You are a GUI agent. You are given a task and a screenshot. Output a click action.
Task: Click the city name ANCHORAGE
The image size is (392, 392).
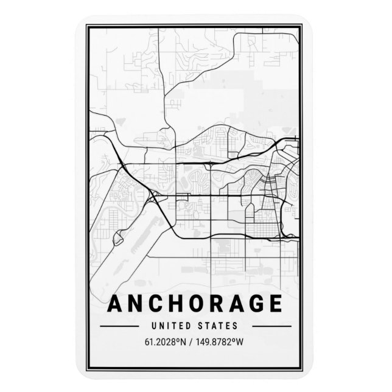(x=195, y=305)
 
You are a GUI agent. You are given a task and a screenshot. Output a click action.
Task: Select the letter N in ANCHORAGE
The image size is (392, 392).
(x=135, y=305)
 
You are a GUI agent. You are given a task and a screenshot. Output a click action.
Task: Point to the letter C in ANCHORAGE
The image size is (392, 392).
(x=155, y=305)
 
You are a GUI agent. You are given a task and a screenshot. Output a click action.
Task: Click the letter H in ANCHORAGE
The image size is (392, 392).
(x=176, y=305)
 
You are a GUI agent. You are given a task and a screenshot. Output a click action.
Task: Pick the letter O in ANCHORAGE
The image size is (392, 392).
(x=196, y=305)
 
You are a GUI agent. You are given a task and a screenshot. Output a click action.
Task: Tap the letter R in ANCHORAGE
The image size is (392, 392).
(x=216, y=305)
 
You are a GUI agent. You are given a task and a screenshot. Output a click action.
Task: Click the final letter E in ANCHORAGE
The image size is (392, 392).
(x=275, y=305)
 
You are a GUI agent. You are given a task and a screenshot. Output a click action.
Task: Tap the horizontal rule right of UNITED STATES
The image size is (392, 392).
(x=267, y=326)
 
